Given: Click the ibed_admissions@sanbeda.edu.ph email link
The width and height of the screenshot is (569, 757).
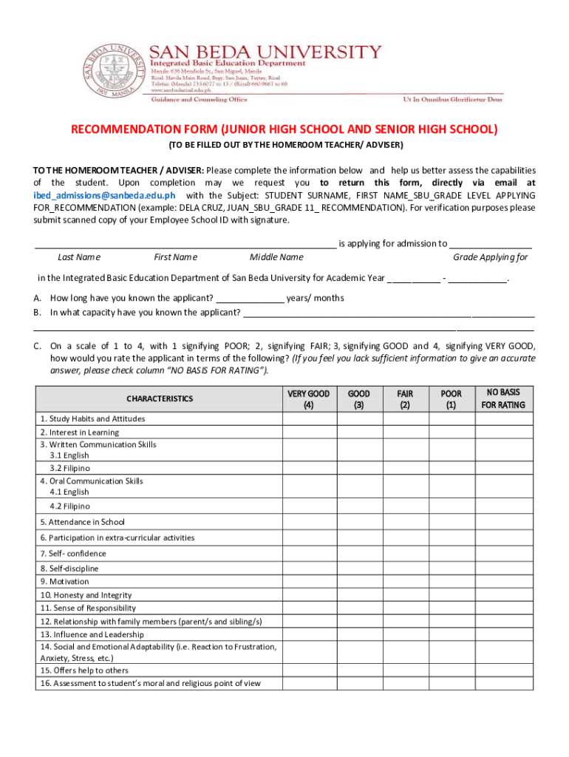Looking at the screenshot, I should (x=104, y=195).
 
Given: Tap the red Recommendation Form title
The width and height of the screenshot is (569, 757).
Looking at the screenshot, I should (x=284, y=129).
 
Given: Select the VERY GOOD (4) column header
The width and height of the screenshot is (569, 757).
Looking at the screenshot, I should (x=308, y=399).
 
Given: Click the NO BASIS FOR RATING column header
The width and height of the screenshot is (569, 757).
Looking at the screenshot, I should (x=503, y=398).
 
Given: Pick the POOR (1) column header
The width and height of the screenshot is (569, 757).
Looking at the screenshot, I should (x=451, y=399).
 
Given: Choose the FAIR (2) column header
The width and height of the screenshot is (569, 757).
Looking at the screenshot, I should (x=405, y=399).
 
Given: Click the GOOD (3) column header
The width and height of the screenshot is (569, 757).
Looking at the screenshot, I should (x=359, y=399).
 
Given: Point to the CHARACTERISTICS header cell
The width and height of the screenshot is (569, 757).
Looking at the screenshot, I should (x=159, y=398).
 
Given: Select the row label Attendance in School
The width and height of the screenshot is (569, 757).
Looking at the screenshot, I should (x=83, y=522).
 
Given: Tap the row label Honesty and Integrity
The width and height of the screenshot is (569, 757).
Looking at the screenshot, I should (x=86, y=595).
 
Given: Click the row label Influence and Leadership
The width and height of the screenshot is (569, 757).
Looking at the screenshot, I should (x=92, y=634).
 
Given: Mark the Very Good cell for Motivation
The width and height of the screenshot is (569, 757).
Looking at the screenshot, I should (x=308, y=582).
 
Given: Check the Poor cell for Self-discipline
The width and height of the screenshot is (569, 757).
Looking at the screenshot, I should (x=451, y=568).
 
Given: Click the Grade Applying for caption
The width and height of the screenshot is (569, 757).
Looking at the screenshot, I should (x=490, y=257).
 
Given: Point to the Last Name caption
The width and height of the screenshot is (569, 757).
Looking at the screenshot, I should (x=79, y=257).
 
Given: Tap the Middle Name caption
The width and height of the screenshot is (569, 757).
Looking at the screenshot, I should (x=276, y=257).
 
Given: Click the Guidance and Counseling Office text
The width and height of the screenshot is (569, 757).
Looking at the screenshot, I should (x=199, y=98).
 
